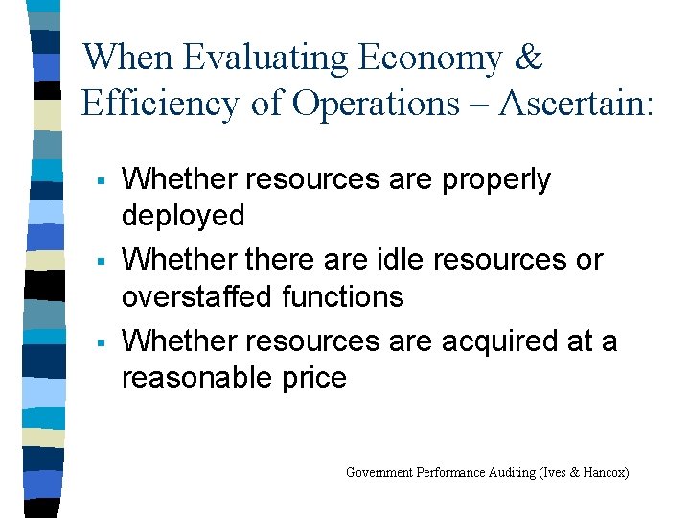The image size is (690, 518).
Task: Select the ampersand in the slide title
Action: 528,59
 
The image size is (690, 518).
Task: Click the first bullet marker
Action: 100,180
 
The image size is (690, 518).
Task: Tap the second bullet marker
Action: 100,261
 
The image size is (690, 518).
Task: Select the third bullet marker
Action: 100,341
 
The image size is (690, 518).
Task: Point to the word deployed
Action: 183,216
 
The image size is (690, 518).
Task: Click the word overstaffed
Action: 198,296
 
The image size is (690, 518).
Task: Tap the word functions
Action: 343,296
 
